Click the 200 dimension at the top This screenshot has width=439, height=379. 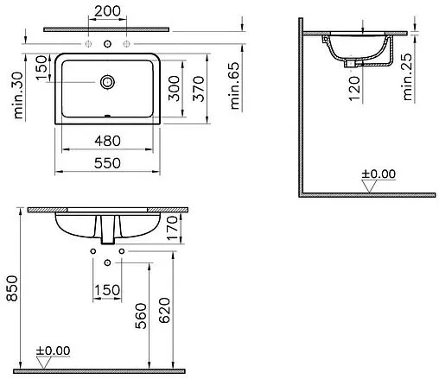pos(107,11)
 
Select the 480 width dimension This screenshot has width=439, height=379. pos(107,141)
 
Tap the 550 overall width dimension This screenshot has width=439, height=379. pos(107,163)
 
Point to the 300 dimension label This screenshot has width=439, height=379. pos(174,88)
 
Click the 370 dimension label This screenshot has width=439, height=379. pos(199,89)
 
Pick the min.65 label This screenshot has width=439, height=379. pos(235,85)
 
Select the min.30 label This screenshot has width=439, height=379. pos(18,95)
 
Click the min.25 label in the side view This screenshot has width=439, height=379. pos(407,77)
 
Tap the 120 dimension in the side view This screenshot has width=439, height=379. pos(354,88)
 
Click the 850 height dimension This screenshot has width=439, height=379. pos(12,288)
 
